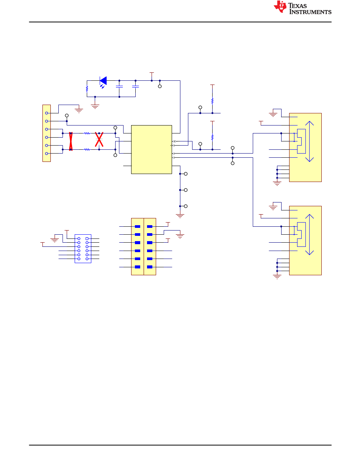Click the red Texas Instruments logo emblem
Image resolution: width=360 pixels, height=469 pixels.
280,7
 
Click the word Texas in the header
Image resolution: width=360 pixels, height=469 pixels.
297,6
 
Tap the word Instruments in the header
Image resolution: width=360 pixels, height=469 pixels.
310,12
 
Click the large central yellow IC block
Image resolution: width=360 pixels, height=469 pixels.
152,149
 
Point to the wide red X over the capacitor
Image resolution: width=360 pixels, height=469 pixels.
99,140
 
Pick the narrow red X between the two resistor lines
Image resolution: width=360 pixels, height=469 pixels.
71,141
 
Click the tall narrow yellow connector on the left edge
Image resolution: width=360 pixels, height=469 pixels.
47,133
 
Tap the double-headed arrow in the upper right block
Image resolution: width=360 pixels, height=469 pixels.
309,141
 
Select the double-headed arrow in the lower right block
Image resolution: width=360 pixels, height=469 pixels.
309,235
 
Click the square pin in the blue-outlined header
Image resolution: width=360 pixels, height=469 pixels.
87,238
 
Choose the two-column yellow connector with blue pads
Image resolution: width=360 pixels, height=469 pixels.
144,246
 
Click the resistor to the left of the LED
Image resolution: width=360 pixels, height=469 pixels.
87,89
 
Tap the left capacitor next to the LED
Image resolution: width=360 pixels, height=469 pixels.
119,86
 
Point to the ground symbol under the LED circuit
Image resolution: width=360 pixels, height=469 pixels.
95,107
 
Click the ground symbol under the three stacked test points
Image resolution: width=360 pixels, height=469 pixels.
180,216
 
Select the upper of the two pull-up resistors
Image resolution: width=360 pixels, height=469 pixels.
212,101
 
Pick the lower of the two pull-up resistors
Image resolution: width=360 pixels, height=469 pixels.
212,137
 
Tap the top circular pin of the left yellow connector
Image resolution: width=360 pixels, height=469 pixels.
47,113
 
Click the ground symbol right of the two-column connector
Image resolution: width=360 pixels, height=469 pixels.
180,236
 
